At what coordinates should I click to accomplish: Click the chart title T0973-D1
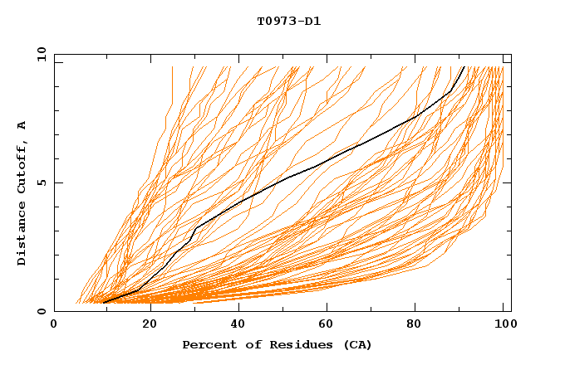(288, 22)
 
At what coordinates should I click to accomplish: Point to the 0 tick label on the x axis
(54, 324)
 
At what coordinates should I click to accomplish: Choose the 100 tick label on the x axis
(504, 324)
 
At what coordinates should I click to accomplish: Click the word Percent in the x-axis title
(207, 345)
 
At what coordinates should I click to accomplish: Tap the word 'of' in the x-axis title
(247, 345)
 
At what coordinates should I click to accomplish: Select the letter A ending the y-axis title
(22, 124)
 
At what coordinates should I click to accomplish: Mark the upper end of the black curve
(464, 67)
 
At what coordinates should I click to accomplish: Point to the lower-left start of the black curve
(103, 303)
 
